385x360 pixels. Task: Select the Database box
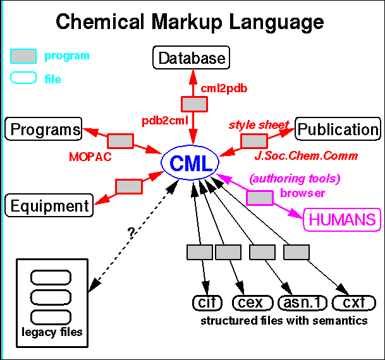(192, 59)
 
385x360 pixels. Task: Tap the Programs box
(44, 129)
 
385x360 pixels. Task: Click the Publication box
(338, 129)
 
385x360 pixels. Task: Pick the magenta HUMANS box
(344, 219)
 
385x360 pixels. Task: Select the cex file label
(252, 303)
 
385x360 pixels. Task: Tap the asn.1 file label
(302, 303)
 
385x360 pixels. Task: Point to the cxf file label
(350, 303)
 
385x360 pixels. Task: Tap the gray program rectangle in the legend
(23, 56)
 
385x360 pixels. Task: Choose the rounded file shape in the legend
(23, 79)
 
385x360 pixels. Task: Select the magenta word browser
(303, 193)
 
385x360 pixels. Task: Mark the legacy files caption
(52, 331)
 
